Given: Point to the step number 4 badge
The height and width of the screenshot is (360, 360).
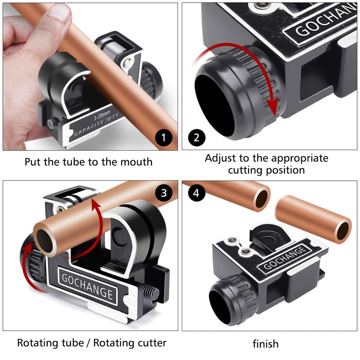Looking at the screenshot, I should click(x=196, y=193).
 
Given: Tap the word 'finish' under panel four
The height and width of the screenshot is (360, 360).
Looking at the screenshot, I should click(x=265, y=344).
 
